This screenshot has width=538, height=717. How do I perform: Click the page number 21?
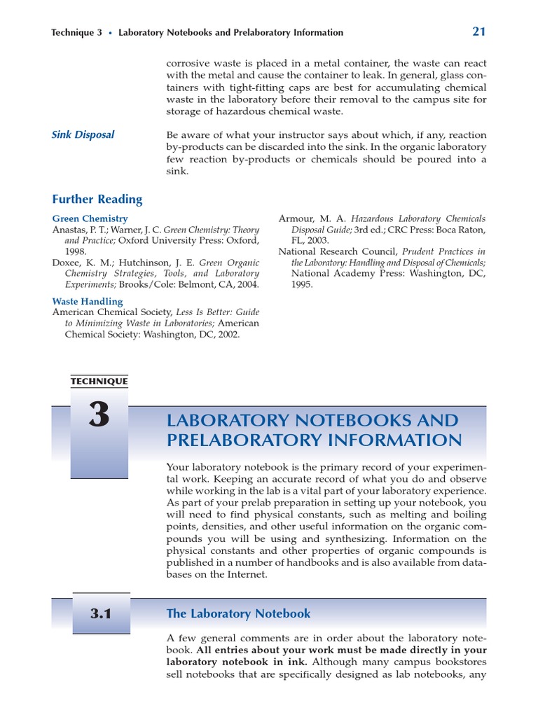point(479,31)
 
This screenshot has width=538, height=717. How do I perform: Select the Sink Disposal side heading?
point(83,134)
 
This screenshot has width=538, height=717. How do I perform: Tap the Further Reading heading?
point(97,199)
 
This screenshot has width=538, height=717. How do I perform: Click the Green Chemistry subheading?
point(90,218)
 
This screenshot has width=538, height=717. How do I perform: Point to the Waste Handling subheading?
point(88,301)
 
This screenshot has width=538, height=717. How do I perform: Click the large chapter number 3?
point(99,416)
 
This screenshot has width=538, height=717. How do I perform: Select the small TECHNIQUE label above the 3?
point(99,382)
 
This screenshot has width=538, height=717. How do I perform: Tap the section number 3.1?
point(101,614)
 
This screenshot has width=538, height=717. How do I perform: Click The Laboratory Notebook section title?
point(238,614)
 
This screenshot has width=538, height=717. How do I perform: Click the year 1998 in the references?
point(76,251)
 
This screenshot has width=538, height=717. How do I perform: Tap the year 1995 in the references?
point(303,285)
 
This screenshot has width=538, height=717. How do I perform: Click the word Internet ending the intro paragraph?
point(245,574)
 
